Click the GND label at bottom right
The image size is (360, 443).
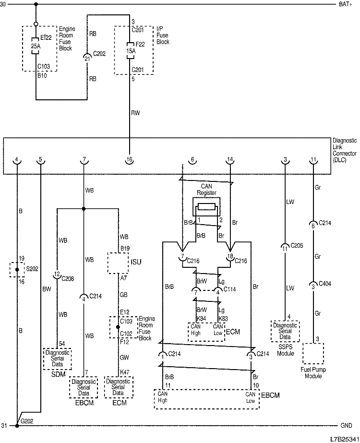coord(346,426)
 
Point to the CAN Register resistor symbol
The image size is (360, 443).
coord(207,208)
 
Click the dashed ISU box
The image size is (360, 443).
coord(118,263)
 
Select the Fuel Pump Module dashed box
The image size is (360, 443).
coord(313,354)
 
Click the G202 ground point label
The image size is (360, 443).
coord(26,421)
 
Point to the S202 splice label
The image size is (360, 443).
coord(32,270)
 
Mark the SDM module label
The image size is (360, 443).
coord(58,373)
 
